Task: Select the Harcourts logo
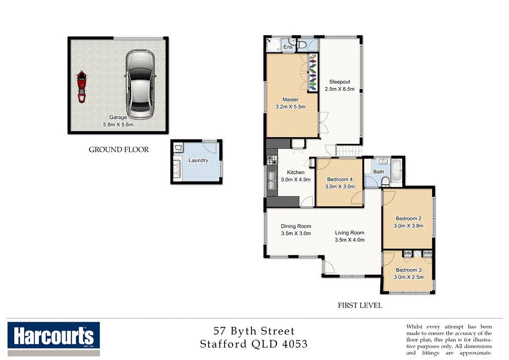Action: pos(54,338)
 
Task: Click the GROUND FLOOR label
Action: pos(118,149)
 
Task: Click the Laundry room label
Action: pos(198,161)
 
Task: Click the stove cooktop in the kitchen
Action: pos(272,161)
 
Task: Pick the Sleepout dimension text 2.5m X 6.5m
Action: pos(339,89)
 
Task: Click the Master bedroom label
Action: pos(290,100)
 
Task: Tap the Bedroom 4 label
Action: pos(340,180)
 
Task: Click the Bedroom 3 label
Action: pos(408,270)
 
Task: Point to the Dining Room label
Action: pos(296,226)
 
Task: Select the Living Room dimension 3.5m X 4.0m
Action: pos(349,240)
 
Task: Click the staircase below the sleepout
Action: pos(349,150)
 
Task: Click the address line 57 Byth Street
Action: pos(254,331)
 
